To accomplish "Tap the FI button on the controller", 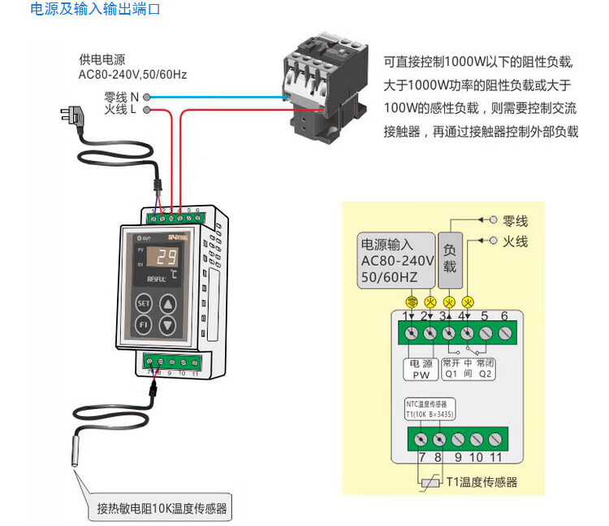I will [143, 325].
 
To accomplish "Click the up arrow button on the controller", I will [166, 304].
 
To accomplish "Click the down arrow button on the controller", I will [166, 325].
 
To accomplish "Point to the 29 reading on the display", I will [166, 259].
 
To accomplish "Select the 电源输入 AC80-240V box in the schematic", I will [397, 260].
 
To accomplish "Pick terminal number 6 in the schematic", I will [504, 315].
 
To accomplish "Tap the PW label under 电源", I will [421, 375].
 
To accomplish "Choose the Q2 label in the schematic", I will [486, 375].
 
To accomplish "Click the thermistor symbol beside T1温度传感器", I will [429, 481].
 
